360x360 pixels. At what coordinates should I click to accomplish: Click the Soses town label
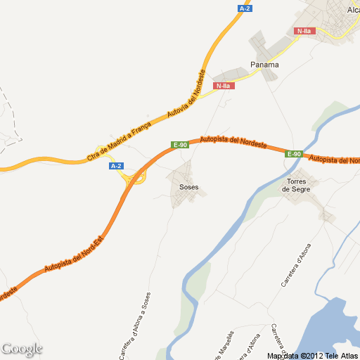coord(189,188)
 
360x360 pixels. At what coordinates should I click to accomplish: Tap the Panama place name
coord(264,65)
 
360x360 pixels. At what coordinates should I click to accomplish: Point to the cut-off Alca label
coord(353,10)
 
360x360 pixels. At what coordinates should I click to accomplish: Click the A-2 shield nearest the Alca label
coord(245,8)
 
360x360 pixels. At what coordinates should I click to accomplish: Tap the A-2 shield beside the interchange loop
coord(117,166)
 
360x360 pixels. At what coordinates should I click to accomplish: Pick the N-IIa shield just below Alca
coord(305,31)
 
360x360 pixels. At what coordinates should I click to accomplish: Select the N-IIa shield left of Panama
coord(224,86)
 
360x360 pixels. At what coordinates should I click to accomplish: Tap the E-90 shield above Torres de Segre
coord(294,154)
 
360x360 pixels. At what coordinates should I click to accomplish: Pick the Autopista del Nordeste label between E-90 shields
coord(233,142)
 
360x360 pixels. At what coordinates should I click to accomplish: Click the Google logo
coord(22,349)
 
